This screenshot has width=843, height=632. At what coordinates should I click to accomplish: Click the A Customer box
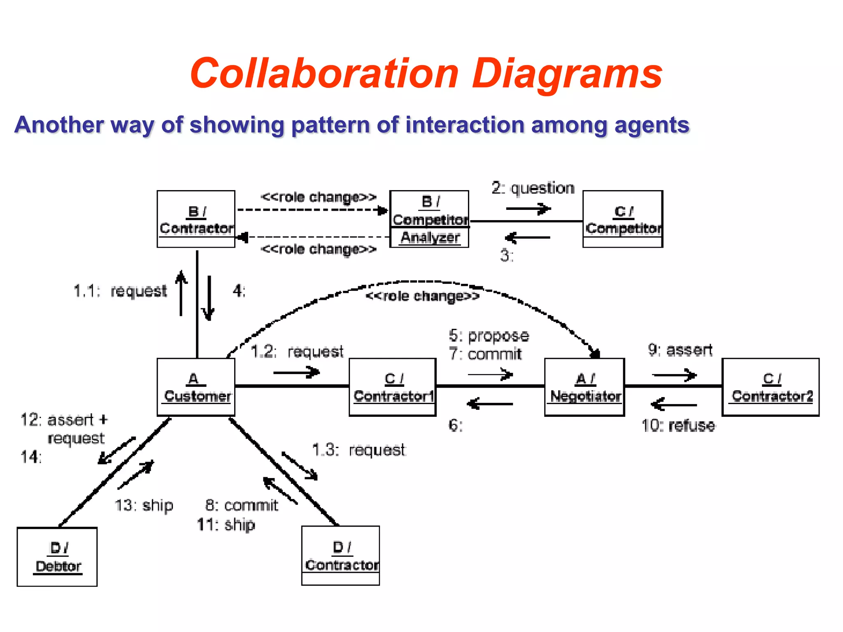pyautogui.click(x=196, y=387)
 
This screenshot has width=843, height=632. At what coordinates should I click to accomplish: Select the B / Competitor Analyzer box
pyautogui.click(x=429, y=219)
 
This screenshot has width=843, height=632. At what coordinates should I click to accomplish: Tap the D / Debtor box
pyautogui.click(x=57, y=556)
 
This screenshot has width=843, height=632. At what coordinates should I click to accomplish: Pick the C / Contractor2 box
pyautogui.click(x=770, y=387)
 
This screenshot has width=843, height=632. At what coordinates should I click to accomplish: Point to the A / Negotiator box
pyautogui.click(x=585, y=387)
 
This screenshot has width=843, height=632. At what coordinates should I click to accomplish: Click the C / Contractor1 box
pyautogui.click(x=392, y=387)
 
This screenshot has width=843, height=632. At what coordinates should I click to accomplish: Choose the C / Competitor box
pyautogui.click(x=623, y=219)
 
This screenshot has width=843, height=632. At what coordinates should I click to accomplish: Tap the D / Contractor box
pyautogui.click(x=340, y=555)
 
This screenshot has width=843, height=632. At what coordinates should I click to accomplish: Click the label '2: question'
pyautogui.click(x=533, y=188)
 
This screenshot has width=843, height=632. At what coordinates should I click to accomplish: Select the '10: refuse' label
pyautogui.click(x=678, y=425)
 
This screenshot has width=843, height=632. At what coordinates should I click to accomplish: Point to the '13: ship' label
pyautogui.click(x=144, y=505)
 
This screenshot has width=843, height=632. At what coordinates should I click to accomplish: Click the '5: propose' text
pyautogui.click(x=489, y=336)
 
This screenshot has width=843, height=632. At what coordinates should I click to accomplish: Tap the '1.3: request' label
pyautogui.click(x=359, y=450)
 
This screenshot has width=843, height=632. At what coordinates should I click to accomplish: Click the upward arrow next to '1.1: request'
pyautogui.click(x=181, y=293)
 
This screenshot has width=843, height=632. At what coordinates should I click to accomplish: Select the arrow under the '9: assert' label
pyautogui.click(x=674, y=375)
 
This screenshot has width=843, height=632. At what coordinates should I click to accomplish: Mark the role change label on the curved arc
pyautogui.click(x=422, y=296)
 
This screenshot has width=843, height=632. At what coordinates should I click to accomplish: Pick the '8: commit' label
pyautogui.click(x=242, y=505)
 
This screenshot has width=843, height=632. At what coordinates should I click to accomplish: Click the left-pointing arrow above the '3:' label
pyautogui.click(x=527, y=237)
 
